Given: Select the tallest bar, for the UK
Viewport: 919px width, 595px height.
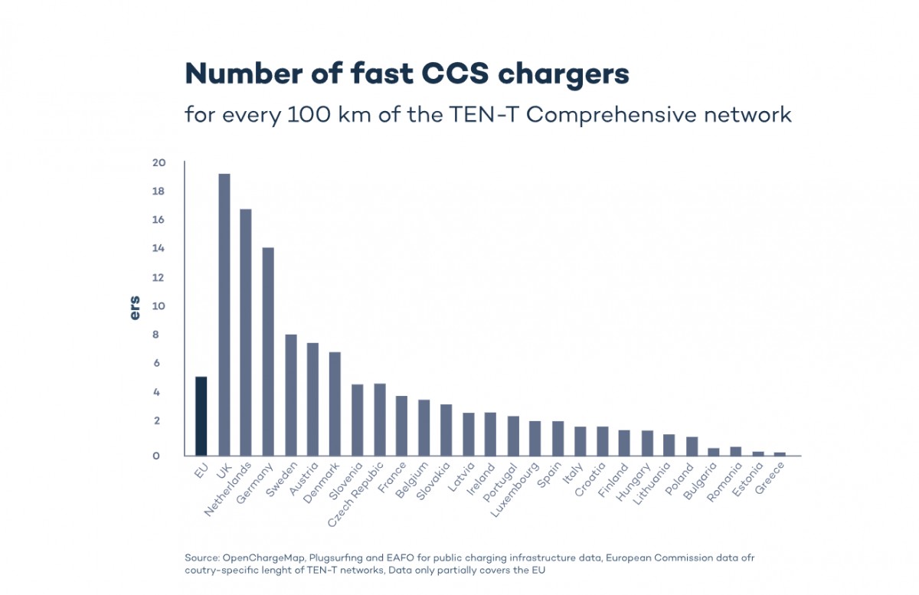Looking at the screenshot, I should click(224, 314).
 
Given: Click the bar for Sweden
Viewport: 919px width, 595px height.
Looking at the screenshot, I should click(291, 394).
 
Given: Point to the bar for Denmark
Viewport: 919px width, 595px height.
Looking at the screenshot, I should click(335, 404).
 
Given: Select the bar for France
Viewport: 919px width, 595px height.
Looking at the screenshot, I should click(401, 426).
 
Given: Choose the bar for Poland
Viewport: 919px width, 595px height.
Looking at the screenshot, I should click(692, 446).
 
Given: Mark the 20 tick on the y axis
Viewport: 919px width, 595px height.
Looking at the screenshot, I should click(159, 163).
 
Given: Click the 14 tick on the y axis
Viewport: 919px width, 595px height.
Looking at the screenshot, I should click(159, 249).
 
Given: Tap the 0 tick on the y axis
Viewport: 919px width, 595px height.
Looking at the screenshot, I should click(156, 456).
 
